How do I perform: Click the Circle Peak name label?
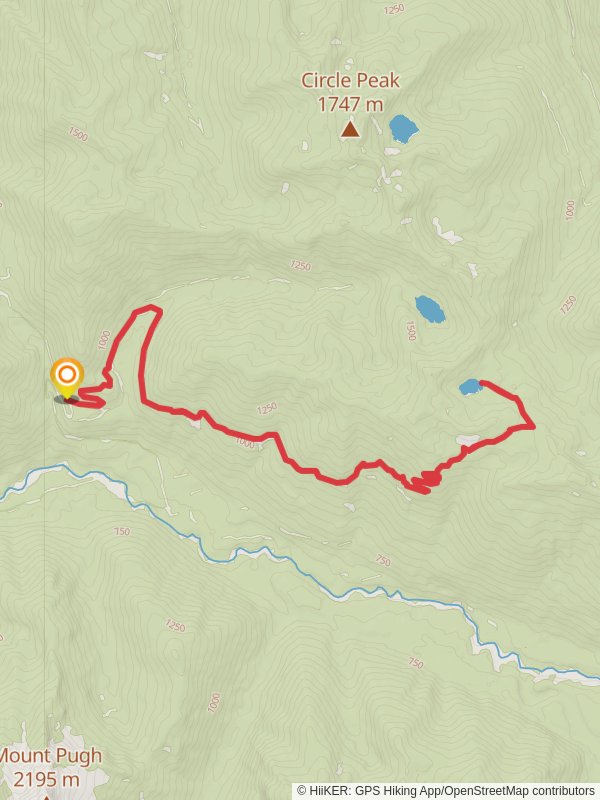point(350,80)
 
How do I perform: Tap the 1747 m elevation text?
point(350,103)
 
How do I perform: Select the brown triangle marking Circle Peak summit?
point(350,128)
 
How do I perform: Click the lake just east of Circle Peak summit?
point(403,128)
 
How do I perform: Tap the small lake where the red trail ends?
point(469,387)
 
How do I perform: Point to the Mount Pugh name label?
point(50,756)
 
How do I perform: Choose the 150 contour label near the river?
point(121,532)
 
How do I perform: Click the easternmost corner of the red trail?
point(533,426)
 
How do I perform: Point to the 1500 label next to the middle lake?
point(410,331)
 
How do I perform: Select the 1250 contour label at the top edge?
point(393,9)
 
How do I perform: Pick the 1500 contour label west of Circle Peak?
point(78,133)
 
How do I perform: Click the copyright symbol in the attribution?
point(301,791)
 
